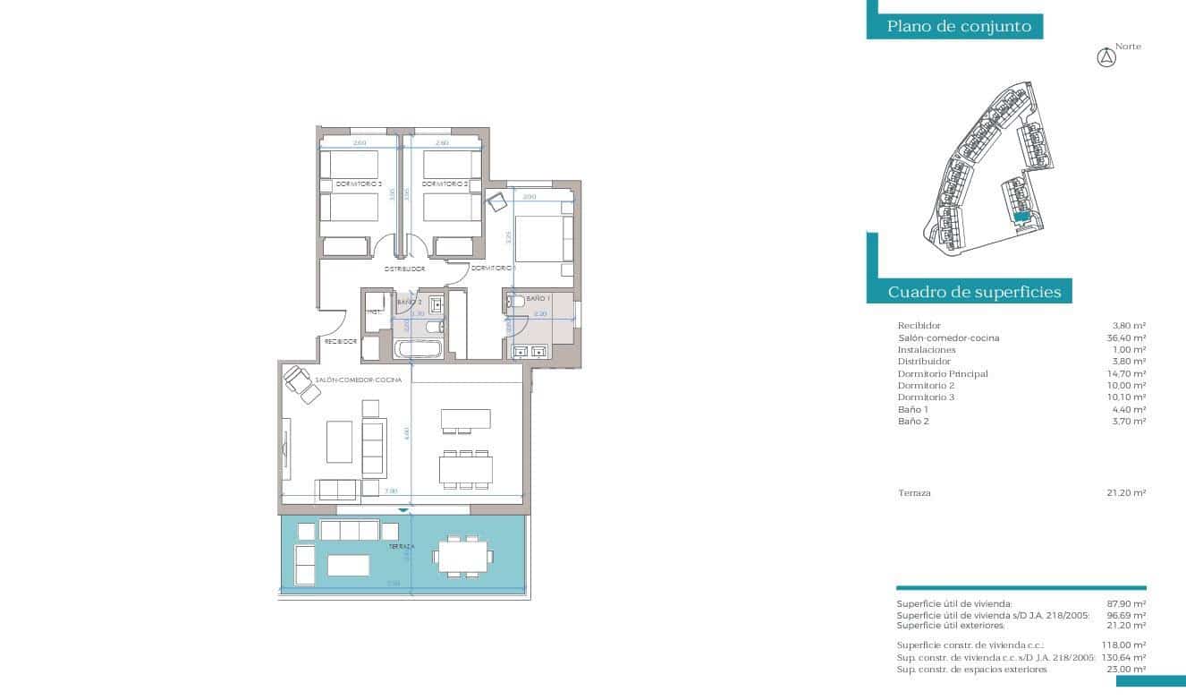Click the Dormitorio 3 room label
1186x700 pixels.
click(x=358, y=184)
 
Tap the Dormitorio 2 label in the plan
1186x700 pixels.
click(x=445, y=184)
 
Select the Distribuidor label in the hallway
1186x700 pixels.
click(x=404, y=269)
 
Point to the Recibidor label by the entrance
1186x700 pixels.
click(x=341, y=341)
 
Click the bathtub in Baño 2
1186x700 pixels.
click(x=418, y=347)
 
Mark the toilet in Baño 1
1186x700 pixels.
click(x=516, y=305)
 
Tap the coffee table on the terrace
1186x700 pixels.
click(x=349, y=565)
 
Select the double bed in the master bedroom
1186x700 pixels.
click(x=540, y=239)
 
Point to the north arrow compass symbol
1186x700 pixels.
click(x=1107, y=58)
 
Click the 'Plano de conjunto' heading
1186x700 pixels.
click(x=959, y=27)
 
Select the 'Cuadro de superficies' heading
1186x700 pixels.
click(x=974, y=292)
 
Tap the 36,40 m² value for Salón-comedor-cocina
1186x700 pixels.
click(x=1126, y=337)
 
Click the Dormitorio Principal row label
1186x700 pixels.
click(x=943, y=373)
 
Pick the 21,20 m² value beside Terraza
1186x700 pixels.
click(x=1126, y=492)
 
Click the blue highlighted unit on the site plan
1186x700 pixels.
click(x=1021, y=216)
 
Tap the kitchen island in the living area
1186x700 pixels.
click(x=465, y=420)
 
